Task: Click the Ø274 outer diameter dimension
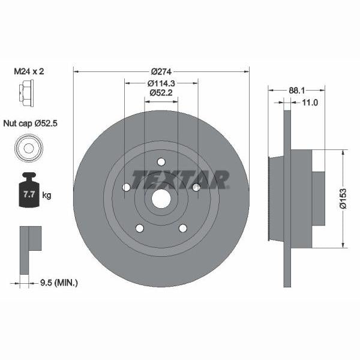point(161,71)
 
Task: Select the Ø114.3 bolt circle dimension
point(161,83)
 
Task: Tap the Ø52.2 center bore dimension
point(161,93)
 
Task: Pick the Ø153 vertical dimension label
point(343,198)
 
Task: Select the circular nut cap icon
point(27,148)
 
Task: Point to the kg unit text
point(47,196)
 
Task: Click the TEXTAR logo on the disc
point(181,179)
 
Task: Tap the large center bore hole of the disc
point(161,199)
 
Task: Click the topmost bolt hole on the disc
point(161,161)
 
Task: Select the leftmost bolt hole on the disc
point(126,188)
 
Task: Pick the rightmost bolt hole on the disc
point(196,188)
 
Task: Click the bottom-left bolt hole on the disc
point(139,228)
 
